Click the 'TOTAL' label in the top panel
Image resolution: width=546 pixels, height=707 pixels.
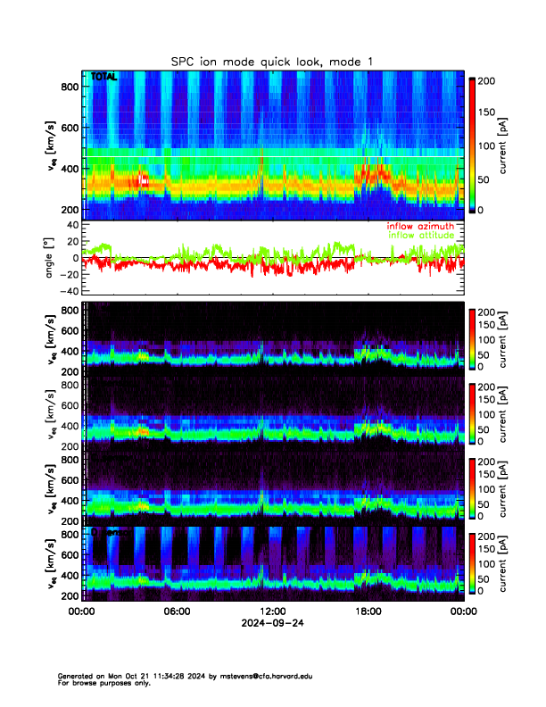click(103, 79)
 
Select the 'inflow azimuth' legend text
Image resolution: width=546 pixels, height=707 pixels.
click(419, 227)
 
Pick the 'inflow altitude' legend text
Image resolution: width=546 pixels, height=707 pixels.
click(419, 236)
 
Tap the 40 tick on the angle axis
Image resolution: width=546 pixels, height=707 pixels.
click(72, 225)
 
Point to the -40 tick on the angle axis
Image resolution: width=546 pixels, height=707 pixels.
click(69, 291)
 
